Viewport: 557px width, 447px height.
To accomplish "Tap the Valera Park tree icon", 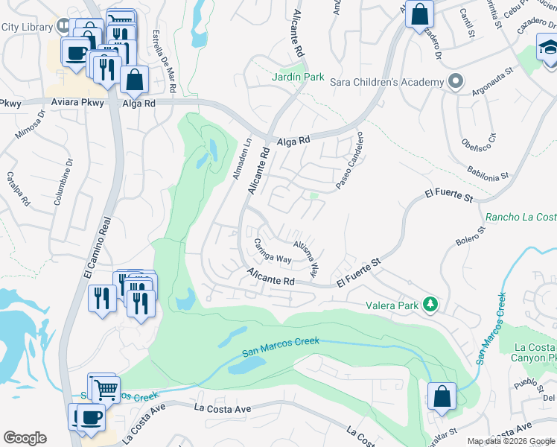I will (x=430, y=304).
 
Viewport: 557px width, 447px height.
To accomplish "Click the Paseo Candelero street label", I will (x=350, y=160).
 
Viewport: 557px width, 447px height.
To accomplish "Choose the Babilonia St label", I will (x=488, y=173).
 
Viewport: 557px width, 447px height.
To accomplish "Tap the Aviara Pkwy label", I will (x=78, y=104).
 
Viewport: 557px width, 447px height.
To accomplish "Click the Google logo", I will (x=25, y=438).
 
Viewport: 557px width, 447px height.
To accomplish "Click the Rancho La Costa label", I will (x=521, y=218).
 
